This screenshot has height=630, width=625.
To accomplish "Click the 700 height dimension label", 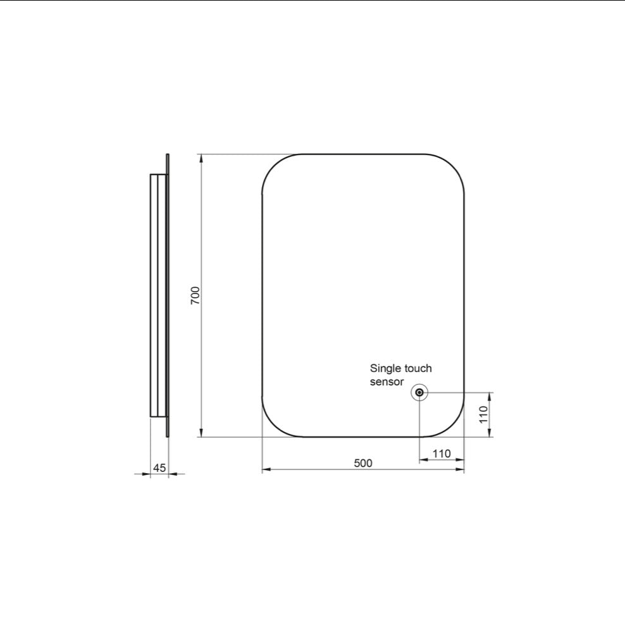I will [195, 295].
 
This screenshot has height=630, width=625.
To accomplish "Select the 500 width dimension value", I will [362, 463].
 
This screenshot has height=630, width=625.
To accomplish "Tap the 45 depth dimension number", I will [159, 468].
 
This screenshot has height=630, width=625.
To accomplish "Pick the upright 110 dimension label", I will [441, 453].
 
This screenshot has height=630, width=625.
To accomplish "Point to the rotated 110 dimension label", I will [483, 415].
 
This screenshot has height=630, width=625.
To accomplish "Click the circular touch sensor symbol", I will [419, 393].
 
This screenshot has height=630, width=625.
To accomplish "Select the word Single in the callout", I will [386, 368].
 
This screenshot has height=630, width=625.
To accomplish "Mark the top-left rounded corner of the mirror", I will [273, 166].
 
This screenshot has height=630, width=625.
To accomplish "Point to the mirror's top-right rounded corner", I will [453, 166].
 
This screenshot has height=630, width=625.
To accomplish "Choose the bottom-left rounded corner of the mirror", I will [273, 425].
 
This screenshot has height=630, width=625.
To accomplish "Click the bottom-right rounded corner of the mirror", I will [453, 425].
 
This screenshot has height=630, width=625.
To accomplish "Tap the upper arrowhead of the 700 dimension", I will [202, 158].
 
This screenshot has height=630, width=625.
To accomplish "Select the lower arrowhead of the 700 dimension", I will [202, 432].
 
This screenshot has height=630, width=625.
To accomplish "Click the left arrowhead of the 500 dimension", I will [266, 470].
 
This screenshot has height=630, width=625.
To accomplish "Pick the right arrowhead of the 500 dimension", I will [460, 470].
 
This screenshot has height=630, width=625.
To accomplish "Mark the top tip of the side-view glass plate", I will [168, 156].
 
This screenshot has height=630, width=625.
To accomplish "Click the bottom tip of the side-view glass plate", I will [168, 435].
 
